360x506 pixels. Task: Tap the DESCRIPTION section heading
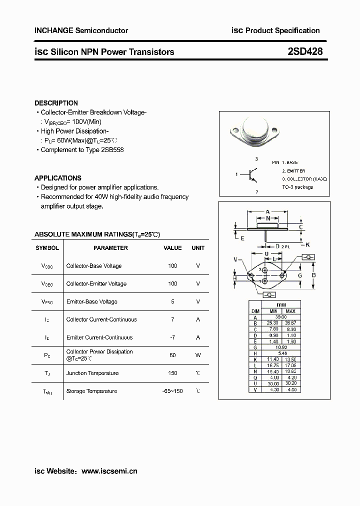56,103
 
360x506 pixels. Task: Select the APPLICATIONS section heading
57,178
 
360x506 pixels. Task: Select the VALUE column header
172,248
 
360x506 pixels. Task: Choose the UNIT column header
198,248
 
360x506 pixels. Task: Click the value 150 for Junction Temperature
172,373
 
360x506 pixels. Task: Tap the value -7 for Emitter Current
172,337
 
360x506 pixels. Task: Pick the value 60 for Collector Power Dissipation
172,355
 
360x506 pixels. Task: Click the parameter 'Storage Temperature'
91,391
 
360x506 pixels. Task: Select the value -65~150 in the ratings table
172,391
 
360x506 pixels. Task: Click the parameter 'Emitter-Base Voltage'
91,301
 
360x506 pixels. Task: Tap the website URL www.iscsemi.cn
109,471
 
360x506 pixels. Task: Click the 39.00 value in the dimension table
281,317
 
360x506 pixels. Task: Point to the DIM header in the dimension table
255,311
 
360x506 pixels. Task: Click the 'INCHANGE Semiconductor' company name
81,30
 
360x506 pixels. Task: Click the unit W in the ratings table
198,355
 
